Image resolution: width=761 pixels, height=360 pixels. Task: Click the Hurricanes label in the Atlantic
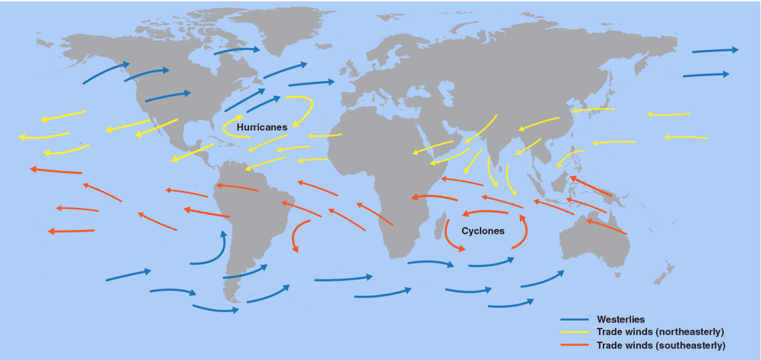point(262,127)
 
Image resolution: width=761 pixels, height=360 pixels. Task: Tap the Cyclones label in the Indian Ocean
point(483,231)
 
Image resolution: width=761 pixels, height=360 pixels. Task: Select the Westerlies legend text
point(621,320)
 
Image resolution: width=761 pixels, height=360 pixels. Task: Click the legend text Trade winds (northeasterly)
point(660,332)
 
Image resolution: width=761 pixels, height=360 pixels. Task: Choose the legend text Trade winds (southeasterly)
point(661,345)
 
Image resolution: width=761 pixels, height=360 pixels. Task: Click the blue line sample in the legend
point(574,320)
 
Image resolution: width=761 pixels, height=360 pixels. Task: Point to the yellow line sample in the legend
point(574,332)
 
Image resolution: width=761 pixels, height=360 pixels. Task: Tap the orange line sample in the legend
point(574,345)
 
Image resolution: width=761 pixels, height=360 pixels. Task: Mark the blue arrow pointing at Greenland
point(237,50)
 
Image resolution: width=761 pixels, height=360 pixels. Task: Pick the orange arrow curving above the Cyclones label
point(491,213)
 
